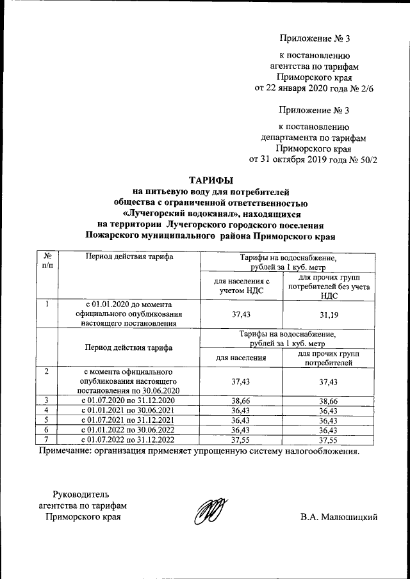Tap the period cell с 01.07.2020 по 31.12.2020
pos(129,400)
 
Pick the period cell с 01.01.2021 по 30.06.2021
pos(129,409)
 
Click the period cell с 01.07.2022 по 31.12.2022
pos(129,440)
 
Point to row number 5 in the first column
pos(47,420)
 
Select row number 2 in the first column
pos(47,371)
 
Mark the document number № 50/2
pos(362,159)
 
